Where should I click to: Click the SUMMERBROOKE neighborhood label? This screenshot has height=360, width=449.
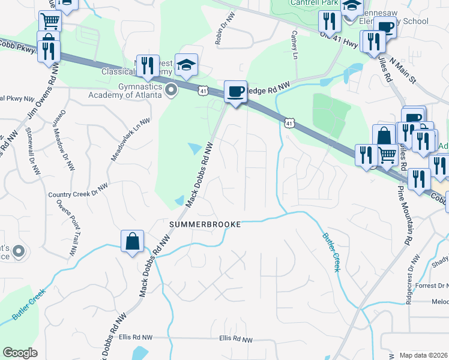pos(205,224)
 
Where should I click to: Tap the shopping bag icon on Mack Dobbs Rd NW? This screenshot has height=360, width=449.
pos(132,242)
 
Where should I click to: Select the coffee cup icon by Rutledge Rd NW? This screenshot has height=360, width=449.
pos(235,92)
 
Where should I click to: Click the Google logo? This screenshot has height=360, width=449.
pos(20,353)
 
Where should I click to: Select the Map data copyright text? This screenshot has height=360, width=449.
pos(424,355)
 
